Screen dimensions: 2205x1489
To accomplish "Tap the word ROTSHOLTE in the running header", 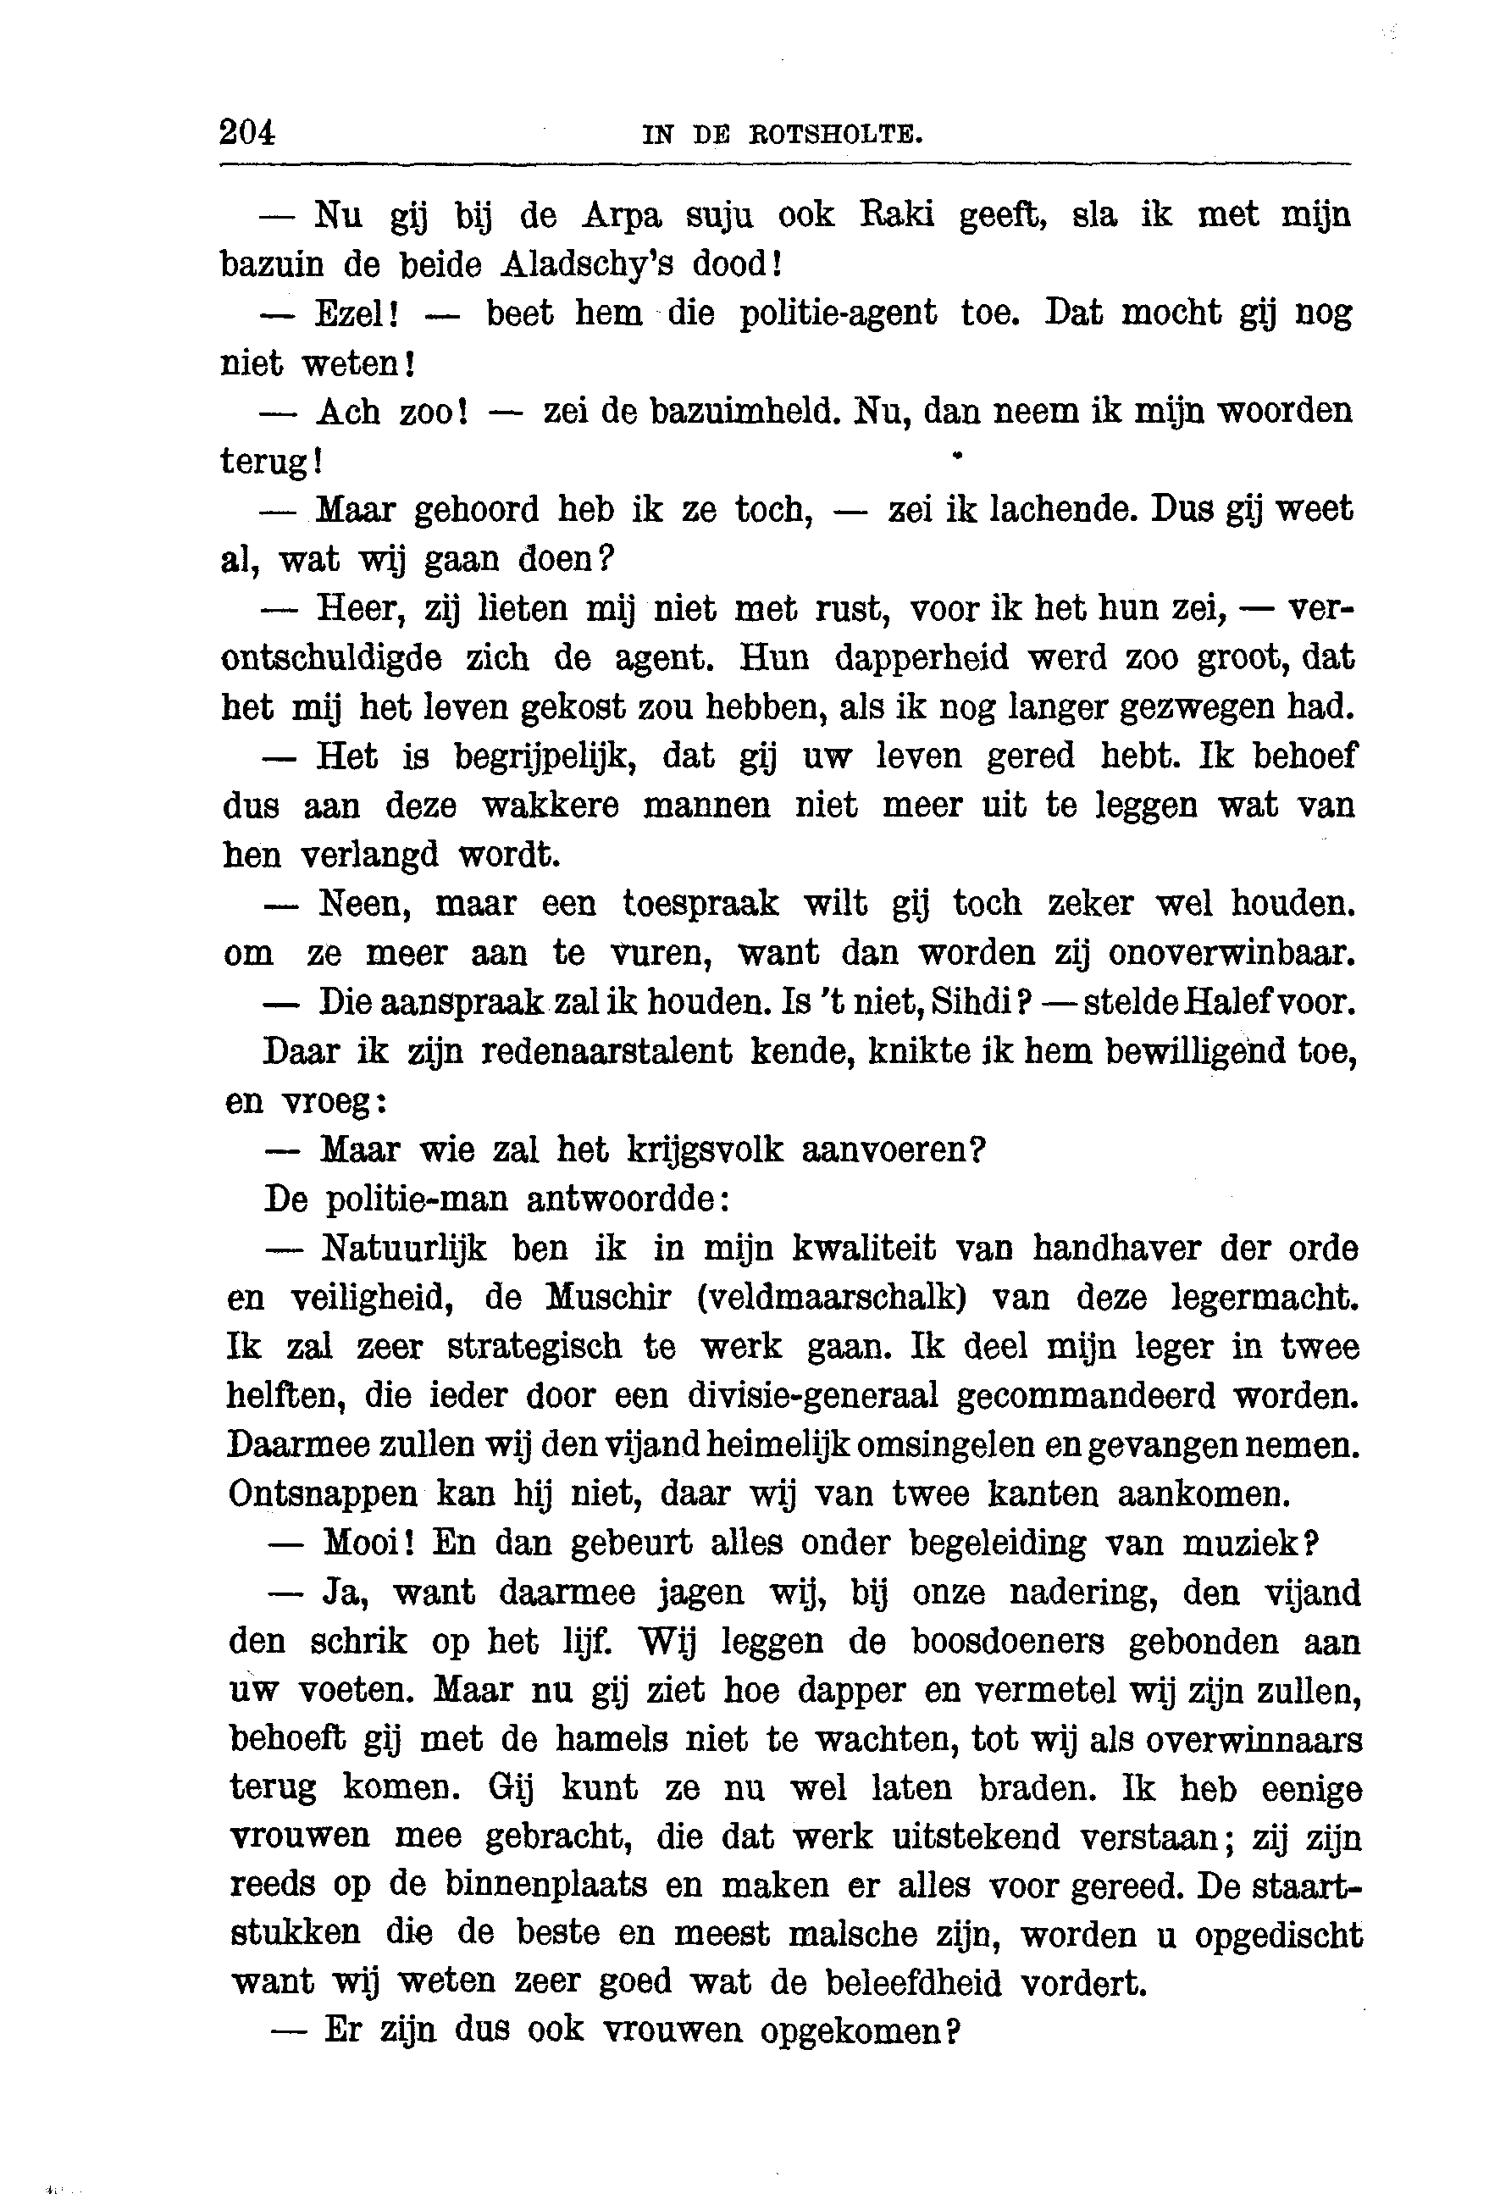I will pyautogui.click(x=835, y=135).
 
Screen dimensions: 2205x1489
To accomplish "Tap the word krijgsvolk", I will pyautogui.click(x=706, y=1150).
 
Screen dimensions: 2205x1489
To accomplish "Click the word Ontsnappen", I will pyautogui.click(x=323, y=1494).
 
